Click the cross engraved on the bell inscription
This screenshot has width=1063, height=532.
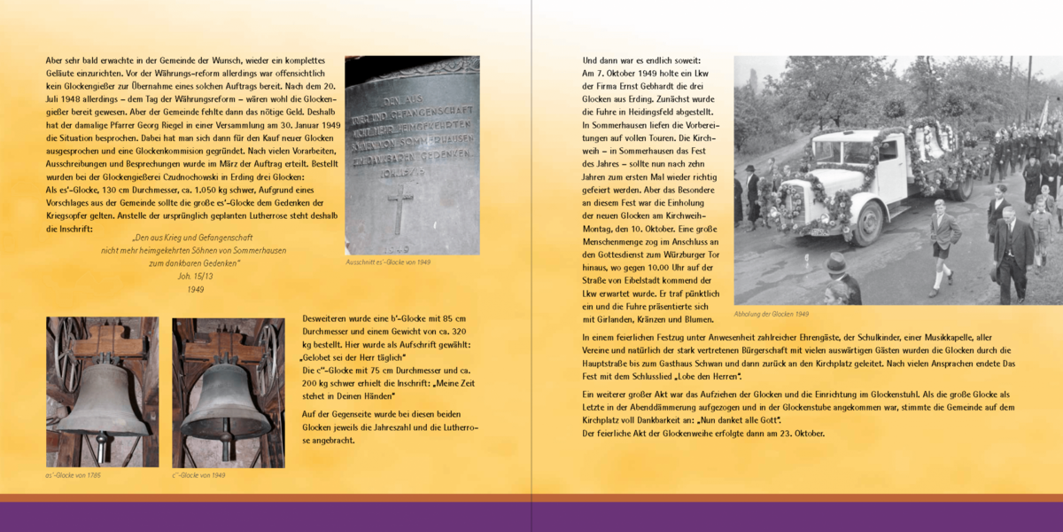coord(400,207)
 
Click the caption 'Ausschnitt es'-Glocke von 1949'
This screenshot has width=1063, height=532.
coord(388,262)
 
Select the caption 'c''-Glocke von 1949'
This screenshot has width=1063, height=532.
coord(198,475)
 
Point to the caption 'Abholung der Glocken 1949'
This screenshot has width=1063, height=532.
coord(771,314)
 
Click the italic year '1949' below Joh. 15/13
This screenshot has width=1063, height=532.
coord(195,289)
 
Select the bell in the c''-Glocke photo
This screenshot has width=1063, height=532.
coord(225,401)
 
